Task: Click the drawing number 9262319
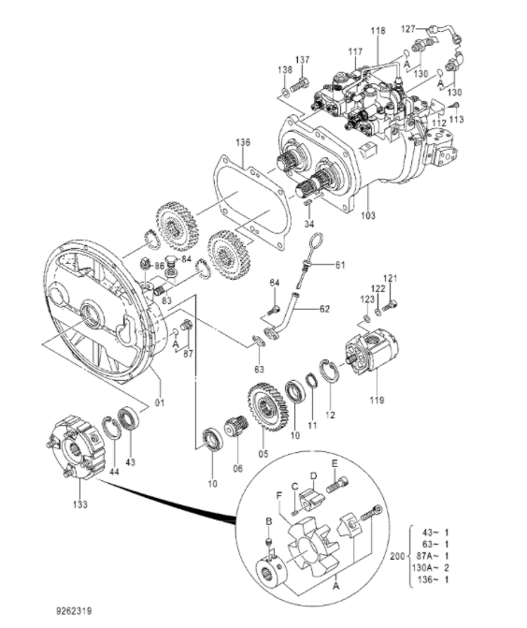click(x=74, y=611)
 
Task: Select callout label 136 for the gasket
click(x=243, y=142)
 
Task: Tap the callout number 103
click(x=368, y=215)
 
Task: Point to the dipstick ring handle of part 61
click(x=316, y=241)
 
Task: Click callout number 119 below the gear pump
click(x=377, y=400)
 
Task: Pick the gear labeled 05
click(x=267, y=407)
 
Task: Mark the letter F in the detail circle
click(x=279, y=495)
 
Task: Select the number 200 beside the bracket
click(x=397, y=556)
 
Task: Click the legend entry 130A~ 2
click(x=430, y=567)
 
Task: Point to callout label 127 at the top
click(x=407, y=28)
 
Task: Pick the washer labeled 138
click(x=285, y=93)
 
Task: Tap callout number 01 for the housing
click(x=160, y=402)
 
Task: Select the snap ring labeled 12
click(x=330, y=373)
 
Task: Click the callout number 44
click(x=114, y=472)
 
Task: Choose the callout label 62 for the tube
click(x=324, y=309)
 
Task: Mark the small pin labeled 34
click(x=307, y=203)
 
